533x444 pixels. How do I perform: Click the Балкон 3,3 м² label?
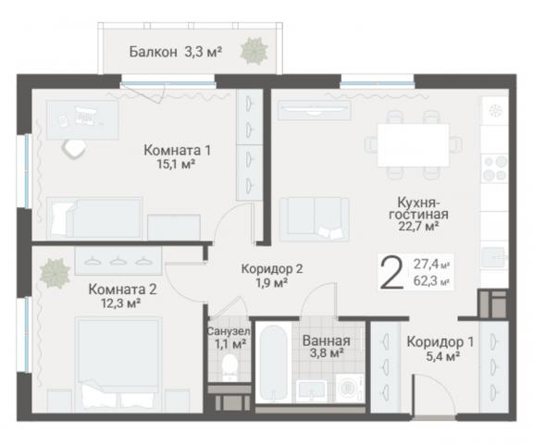[175, 52]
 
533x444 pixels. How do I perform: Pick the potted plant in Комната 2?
[55, 273]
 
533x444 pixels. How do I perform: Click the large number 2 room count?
[392, 273]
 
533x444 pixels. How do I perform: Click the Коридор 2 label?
[272, 268]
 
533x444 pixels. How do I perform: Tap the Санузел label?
[228, 331]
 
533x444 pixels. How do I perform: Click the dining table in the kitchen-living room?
[414, 144]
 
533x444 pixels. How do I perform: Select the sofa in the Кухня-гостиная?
[315, 218]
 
